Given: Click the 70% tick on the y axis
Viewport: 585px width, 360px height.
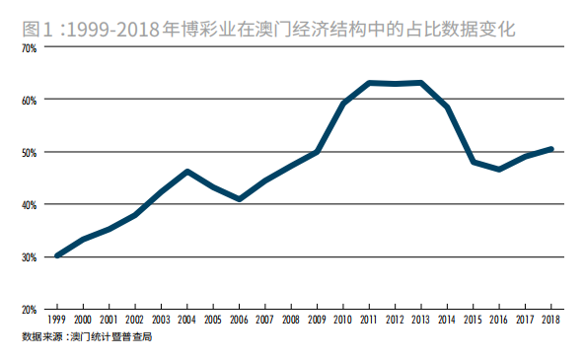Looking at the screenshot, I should pos(28,47).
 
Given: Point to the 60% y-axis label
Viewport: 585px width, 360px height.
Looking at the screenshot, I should pos(28,100).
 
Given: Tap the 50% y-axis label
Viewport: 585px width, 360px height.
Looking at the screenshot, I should pos(28,152).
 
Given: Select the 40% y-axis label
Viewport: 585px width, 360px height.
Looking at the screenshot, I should pos(28,204).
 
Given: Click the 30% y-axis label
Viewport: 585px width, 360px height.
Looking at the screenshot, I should pos(28,257).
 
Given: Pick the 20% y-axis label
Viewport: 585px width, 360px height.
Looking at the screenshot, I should pos(28,310).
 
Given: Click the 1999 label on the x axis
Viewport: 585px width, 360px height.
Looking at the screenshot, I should pos(58,321).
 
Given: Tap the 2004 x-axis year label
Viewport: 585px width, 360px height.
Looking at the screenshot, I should pos(187,321).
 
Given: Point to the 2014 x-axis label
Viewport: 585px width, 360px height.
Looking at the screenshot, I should pos(447,321).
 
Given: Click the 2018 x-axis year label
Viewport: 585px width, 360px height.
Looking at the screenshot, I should pos(550,321).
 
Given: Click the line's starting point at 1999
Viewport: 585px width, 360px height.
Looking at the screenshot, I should pos(58,255).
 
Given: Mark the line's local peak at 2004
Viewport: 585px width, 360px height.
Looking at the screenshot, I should pos(187,172).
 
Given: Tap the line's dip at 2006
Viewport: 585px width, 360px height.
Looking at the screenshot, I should pos(240,199).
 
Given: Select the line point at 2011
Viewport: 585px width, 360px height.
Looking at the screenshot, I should pos(369,83).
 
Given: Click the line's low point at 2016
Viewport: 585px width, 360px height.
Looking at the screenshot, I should pos(499,170).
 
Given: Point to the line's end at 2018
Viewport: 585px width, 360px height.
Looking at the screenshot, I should pos(550,149).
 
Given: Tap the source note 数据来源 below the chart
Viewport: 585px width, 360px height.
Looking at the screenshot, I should pos(38,337).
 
